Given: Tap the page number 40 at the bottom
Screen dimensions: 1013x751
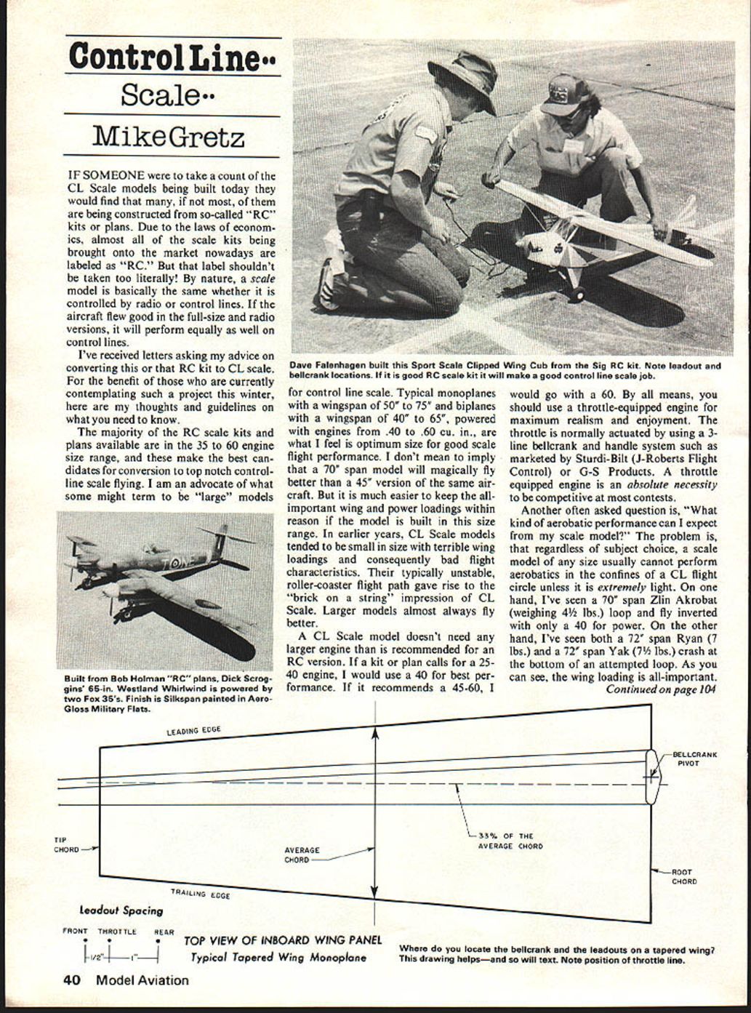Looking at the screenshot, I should point(71,980).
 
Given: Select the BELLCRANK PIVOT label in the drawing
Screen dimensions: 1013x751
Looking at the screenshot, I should point(694,758).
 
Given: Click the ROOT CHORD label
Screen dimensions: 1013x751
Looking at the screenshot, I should point(683,876).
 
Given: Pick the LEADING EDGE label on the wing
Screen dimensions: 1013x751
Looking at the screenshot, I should point(193,730).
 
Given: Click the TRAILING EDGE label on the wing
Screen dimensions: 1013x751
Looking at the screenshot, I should point(200,893).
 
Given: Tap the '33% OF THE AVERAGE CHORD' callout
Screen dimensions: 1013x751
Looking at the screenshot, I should point(510,841).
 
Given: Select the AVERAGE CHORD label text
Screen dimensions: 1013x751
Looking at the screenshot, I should point(302,854).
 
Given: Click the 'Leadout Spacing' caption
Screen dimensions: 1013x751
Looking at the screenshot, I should point(121,910).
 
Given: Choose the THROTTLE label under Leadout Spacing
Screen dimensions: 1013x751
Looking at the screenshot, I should point(117,931).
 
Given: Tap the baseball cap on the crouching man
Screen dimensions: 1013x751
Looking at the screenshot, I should point(564,94).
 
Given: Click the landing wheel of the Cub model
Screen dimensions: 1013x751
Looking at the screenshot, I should point(577,295).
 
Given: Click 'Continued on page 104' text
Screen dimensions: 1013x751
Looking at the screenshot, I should point(661,689).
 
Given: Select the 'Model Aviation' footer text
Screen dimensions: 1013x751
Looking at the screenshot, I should point(142,980).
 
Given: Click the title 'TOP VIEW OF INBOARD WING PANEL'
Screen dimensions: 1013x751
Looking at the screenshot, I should point(282,940).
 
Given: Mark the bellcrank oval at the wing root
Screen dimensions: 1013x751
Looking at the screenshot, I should point(651,777).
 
